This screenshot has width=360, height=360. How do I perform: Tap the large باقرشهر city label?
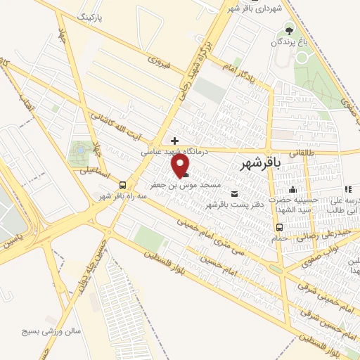tap(260, 164)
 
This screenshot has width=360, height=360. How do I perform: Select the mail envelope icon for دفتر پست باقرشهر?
tap(235, 194)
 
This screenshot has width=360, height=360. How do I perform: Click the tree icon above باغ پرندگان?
tap(288, 30)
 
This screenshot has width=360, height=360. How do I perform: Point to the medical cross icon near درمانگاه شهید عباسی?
tap(174, 140)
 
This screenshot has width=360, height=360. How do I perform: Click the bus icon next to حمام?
tap(280, 227)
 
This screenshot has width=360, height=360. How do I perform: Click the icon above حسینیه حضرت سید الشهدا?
tap(294, 189)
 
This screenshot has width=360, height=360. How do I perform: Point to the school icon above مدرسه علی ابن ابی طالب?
tap(347, 189)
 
